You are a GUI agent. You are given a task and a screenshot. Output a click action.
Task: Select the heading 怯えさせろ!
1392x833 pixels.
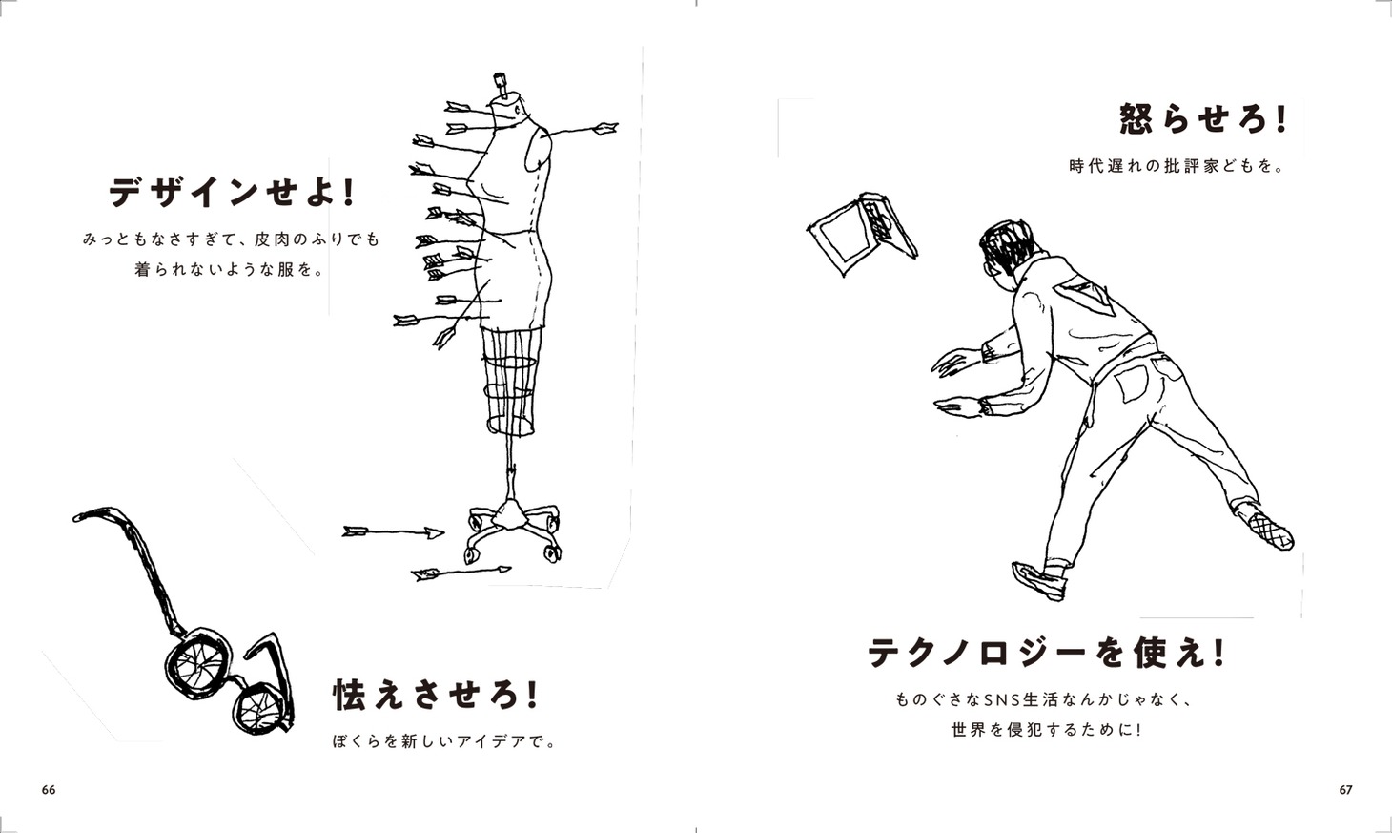click(x=436, y=695)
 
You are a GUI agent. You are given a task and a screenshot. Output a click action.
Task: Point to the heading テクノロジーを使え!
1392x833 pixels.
click(x=1047, y=653)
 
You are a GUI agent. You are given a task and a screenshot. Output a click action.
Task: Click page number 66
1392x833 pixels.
click(x=49, y=790)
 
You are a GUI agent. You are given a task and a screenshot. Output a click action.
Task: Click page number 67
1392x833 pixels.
click(x=1345, y=790)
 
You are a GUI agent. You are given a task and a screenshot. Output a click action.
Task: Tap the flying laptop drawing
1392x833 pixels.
click(x=863, y=233)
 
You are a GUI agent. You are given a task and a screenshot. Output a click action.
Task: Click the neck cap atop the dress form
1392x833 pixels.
click(x=501, y=83)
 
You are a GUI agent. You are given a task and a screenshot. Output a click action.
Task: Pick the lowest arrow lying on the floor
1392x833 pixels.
click(x=461, y=573)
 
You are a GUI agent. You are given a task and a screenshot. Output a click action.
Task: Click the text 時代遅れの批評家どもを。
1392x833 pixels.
click(x=1177, y=167)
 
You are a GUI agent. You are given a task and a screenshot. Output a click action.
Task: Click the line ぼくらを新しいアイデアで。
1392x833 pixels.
click(x=444, y=741)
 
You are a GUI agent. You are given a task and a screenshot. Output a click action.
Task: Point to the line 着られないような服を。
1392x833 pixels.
click(x=231, y=270)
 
